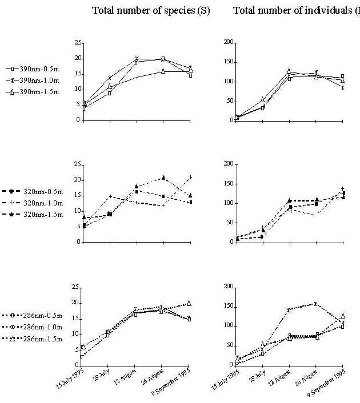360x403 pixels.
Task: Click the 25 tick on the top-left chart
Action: click(77, 43)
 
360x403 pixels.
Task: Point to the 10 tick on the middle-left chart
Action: click(77, 211)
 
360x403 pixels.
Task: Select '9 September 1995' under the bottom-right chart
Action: click(328, 383)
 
